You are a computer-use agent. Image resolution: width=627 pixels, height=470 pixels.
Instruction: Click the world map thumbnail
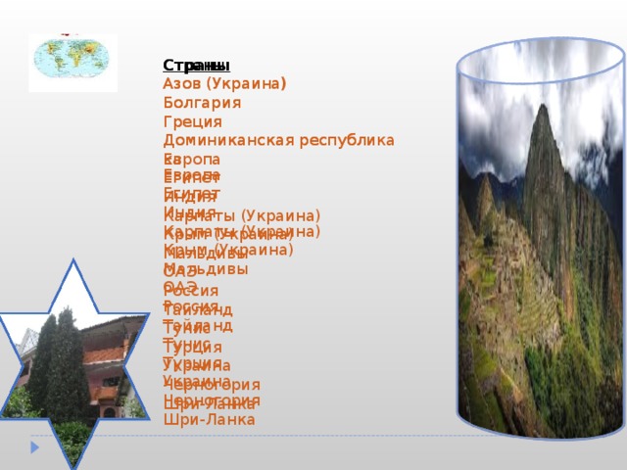73,63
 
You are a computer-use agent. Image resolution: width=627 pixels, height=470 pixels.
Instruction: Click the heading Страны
196,67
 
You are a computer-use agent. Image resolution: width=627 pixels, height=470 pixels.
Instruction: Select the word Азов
183,85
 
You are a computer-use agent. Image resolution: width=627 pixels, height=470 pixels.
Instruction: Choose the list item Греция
193,121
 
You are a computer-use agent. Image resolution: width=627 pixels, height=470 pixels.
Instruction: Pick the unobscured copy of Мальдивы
206,268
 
